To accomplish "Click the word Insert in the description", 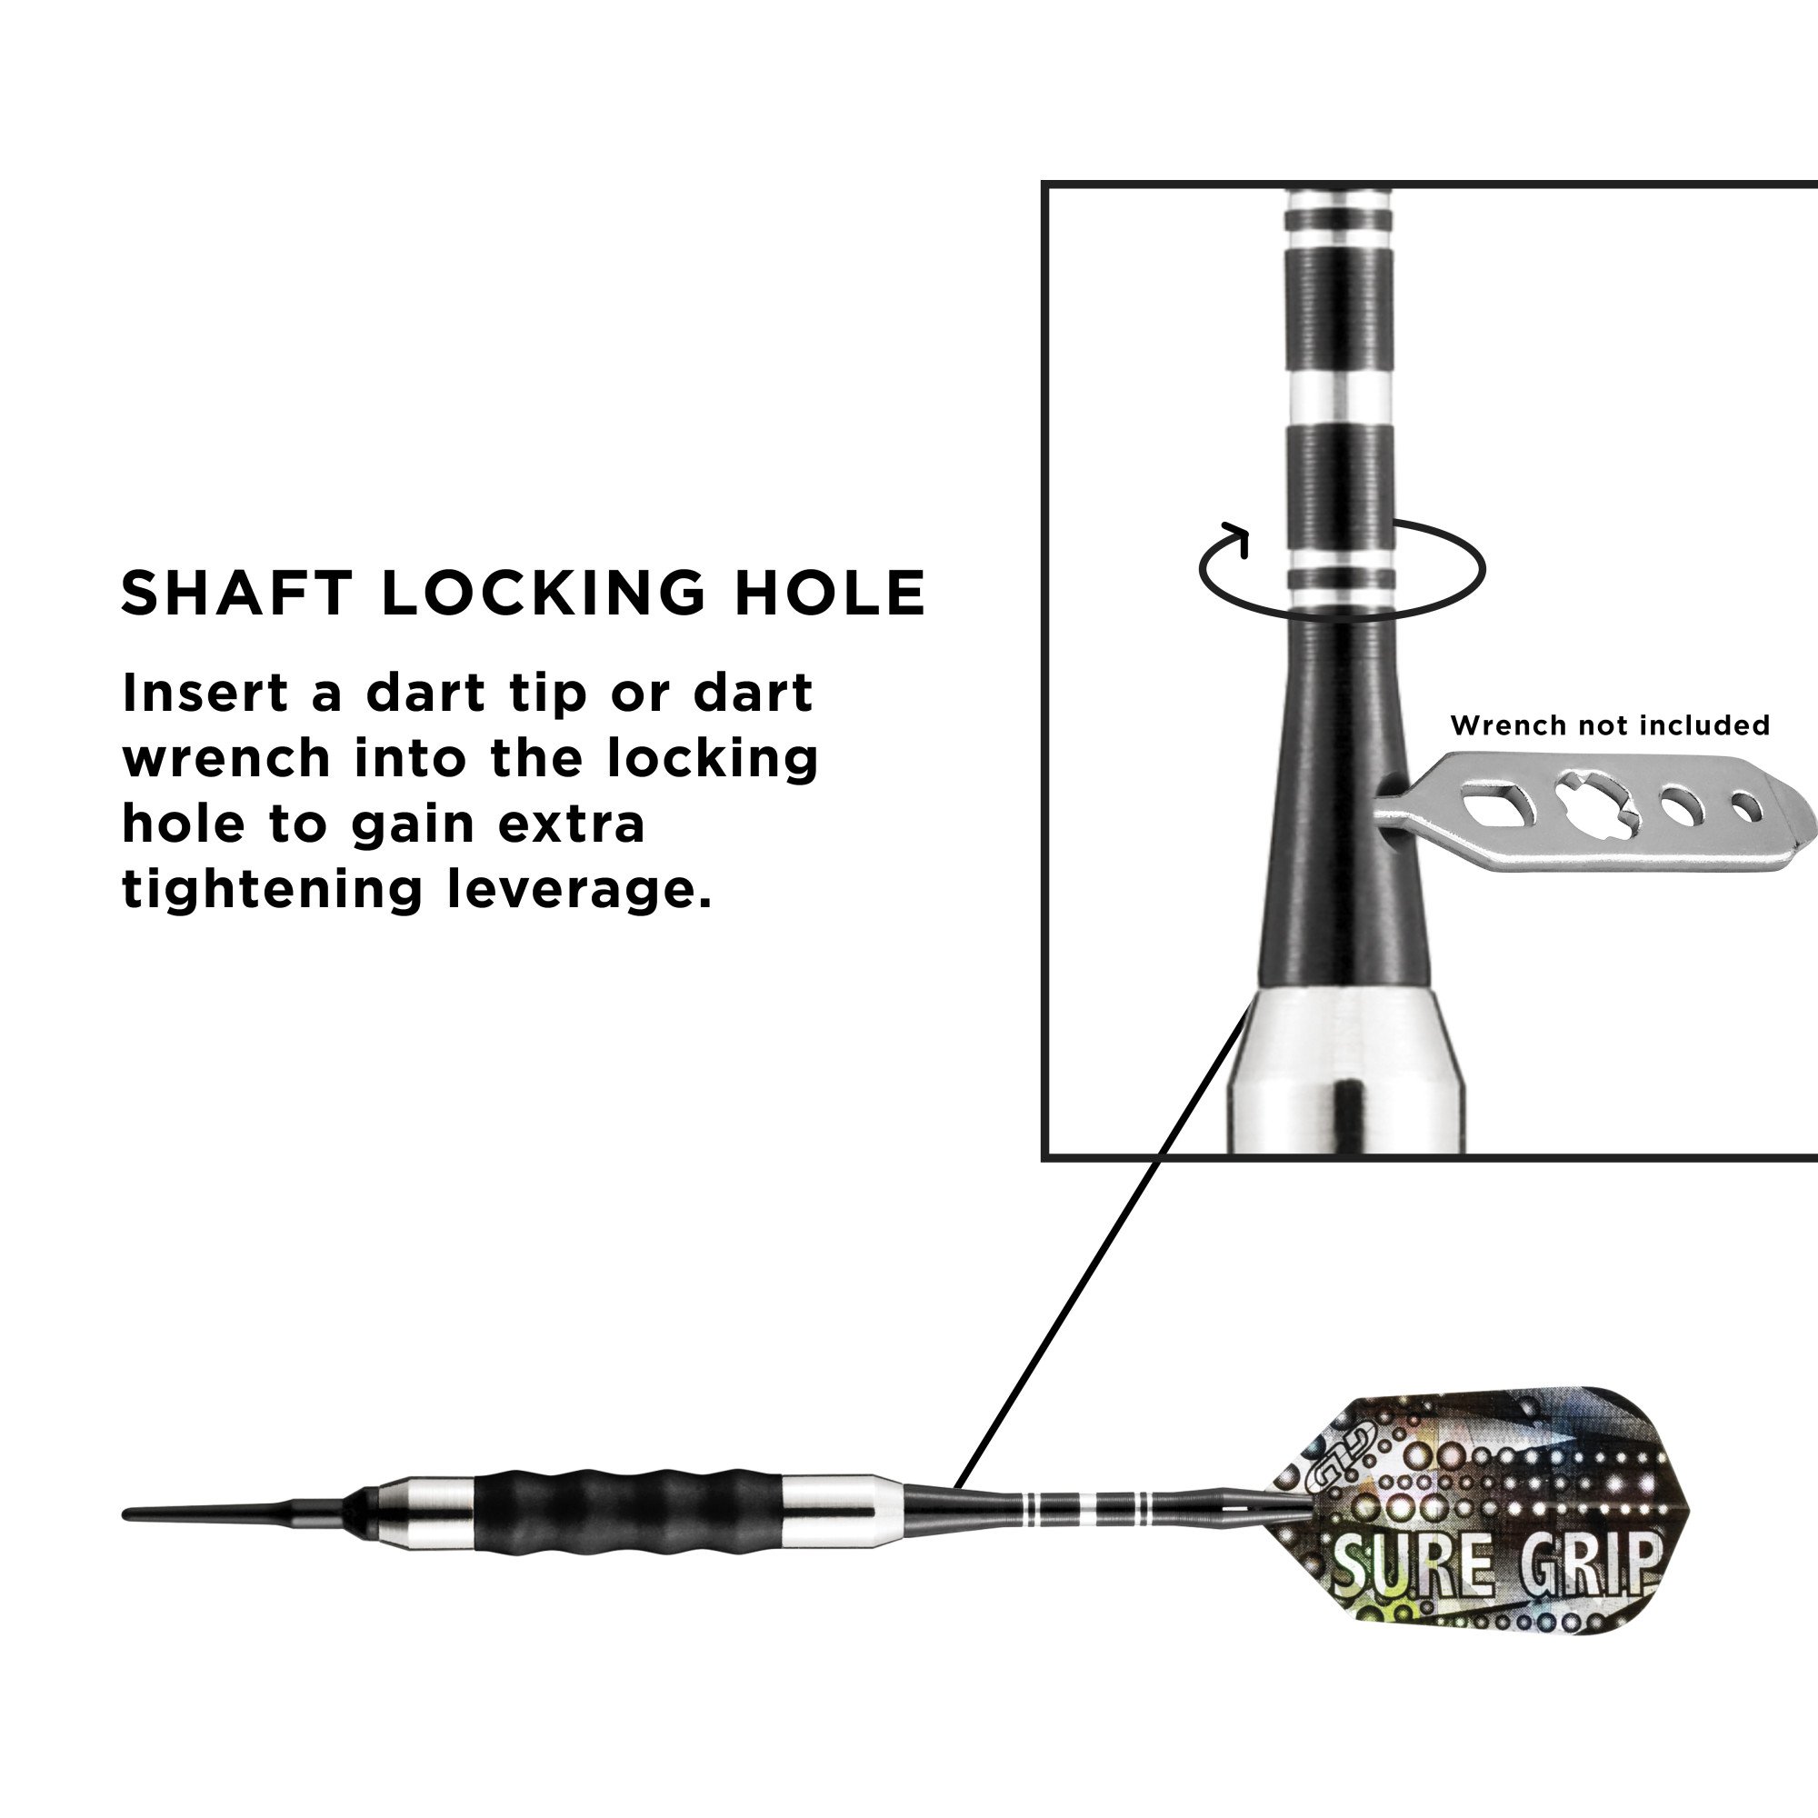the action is click(205, 694).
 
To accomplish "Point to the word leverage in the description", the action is click(580, 890).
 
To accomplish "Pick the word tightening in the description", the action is click(271, 890).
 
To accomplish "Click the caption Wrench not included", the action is click(1610, 725).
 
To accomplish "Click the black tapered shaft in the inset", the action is click(1344, 809).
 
